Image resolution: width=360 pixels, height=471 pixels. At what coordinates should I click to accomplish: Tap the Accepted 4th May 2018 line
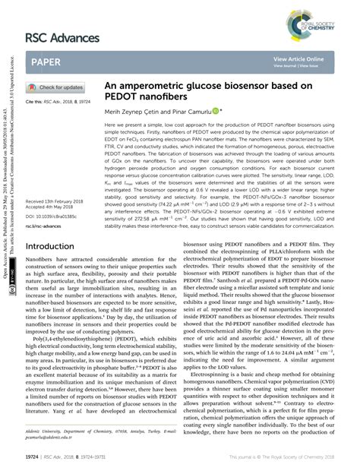tap(50, 207)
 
